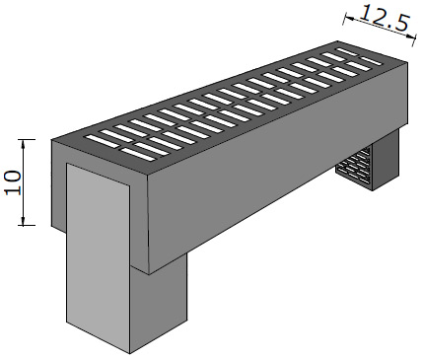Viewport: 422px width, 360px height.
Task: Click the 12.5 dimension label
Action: pos(385,18)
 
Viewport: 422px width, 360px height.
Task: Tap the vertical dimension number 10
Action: pos(13,182)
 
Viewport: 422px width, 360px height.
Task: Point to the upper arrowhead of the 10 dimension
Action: pos(23,144)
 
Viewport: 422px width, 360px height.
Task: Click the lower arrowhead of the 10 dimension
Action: pos(23,221)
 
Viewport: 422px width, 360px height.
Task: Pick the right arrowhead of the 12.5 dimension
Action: pos(410,36)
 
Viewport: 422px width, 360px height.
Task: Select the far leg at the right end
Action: pos(386,160)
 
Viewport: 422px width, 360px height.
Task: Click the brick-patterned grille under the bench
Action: pos(354,167)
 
